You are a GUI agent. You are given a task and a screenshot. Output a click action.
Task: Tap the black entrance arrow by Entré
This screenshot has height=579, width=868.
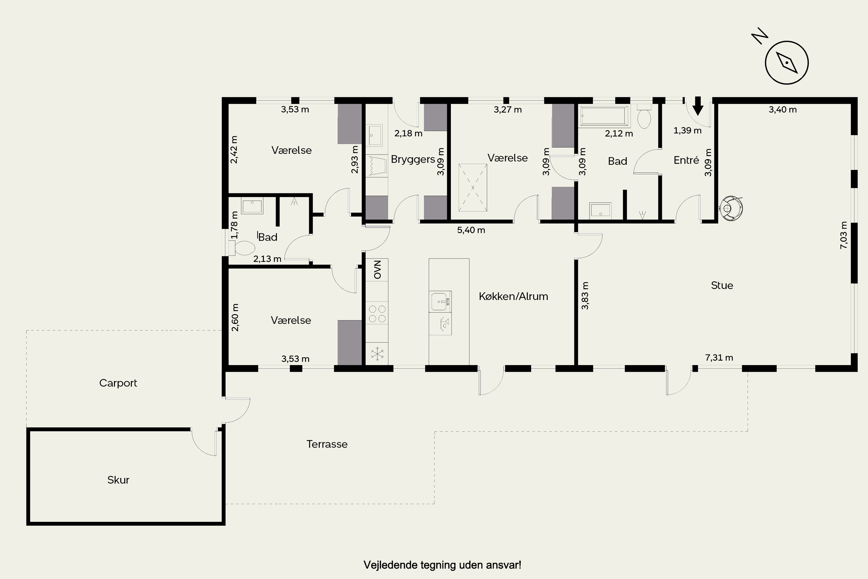pos(698,106)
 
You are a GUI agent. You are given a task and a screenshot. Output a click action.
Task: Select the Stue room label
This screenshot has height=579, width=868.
pos(722,285)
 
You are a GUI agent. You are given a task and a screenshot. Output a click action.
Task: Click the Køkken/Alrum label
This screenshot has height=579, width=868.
pos(513,296)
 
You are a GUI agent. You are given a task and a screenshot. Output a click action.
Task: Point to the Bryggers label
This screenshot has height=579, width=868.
pos(413,160)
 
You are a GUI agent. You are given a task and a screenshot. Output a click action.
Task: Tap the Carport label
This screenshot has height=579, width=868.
pos(118,383)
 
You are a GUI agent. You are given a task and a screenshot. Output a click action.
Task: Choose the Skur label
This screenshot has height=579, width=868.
pos(118,480)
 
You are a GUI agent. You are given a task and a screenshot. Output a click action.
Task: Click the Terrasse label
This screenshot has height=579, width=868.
pos(327,444)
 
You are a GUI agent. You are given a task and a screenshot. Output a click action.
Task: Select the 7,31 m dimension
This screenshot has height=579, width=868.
pos(719,358)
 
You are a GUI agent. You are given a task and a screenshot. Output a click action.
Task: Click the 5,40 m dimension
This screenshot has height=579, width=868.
pos(471,230)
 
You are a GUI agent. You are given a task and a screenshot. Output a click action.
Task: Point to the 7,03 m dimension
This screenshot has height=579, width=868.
pos(844,235)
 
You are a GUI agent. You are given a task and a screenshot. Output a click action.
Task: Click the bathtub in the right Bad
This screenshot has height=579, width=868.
pos(604,116)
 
